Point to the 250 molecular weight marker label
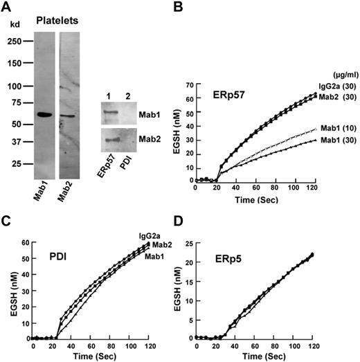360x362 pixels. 15,40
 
